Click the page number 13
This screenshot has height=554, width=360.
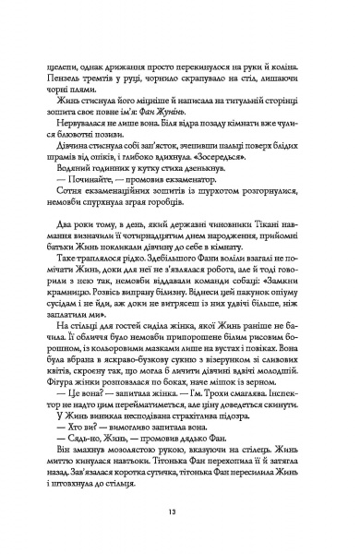[x=180, y=513]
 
